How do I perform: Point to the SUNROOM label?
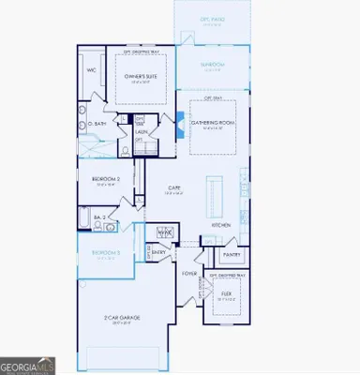(x=213, y=65)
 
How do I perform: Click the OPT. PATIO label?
(x=213, y=20)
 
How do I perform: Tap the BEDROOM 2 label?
(x=106, y=180)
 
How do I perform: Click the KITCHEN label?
(x=221, y=226)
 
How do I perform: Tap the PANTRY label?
(x=231, y=255)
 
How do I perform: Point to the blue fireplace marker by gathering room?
(x=181, y=120)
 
